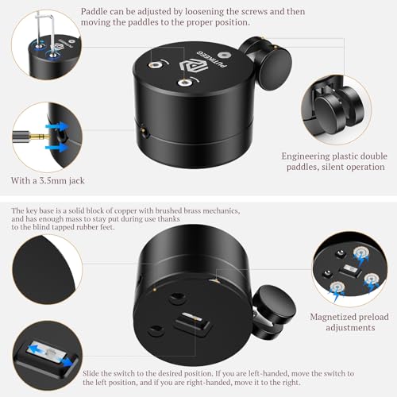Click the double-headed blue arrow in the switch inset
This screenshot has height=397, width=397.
[47, 349]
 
